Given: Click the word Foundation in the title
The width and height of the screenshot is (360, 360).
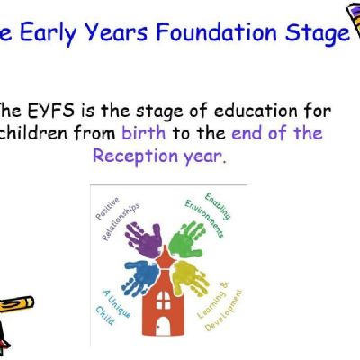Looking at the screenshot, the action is [216, 31].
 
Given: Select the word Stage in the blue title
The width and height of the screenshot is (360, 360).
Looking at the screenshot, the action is [318, 33].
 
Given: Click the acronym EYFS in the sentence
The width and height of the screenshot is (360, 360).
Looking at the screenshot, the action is [51, 111].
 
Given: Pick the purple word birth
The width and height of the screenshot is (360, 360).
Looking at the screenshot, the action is [144, 132].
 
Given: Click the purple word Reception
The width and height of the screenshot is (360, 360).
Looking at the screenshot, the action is [136, 157].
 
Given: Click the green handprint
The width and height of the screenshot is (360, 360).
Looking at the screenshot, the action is [187, 239].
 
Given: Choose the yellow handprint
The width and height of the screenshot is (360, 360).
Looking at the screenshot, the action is [191, 275].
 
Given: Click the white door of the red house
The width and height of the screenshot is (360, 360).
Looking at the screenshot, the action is [163, 327].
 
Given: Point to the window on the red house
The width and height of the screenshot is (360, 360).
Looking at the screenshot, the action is [163, 300].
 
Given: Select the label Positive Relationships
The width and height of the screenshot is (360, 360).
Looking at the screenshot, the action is [117, 218].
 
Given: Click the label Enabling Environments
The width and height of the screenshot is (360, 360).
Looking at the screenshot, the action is [208, 213].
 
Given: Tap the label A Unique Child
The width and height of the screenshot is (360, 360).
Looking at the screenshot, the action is [113, 307].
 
